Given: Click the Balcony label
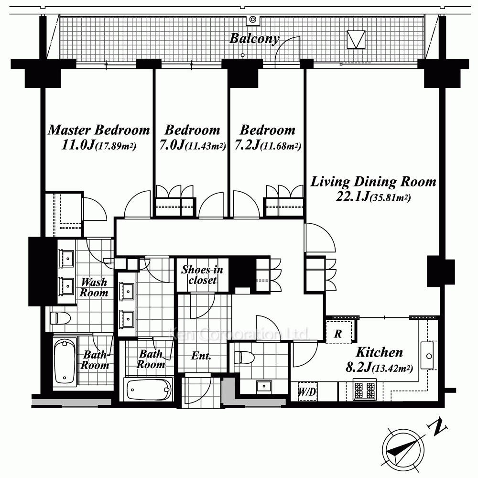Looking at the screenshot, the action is click(x=254, y=39).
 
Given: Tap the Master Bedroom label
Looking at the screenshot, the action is click(x=99, y=130).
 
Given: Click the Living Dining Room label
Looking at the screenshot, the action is click(x=373, y=182).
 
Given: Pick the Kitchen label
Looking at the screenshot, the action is click(x=379, y=352).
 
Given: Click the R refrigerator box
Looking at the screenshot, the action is click(x=338, y=332).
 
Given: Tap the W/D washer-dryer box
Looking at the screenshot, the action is click(x=307, y=391).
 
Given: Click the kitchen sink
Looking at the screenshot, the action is click(x=427, y=356).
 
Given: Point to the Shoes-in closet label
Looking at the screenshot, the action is click(x=202, y=275).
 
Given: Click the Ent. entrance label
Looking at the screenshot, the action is click(x=201, y=356).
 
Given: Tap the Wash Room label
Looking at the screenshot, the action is click(x=94, y=287).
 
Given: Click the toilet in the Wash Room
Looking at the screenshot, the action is click(x=60, y=318).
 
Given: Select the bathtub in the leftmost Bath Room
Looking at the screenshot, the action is click(x=65, y=361).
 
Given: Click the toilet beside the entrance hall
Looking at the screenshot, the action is click(x=244, y=357).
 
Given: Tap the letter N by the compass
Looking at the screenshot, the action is click(x=438, y=427).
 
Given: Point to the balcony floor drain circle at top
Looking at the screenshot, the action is click(x=253, y=20).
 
